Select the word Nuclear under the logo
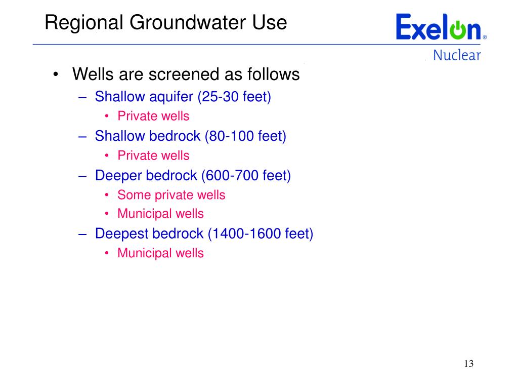457,55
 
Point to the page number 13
469,364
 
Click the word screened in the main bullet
184,74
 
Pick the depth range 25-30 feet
234,97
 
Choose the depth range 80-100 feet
245,136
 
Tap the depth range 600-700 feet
246,176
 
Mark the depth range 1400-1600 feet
261,234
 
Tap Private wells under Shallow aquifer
154,116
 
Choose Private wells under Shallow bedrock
154,155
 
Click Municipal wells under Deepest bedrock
161,253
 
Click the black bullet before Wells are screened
56,74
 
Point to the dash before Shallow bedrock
82,137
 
